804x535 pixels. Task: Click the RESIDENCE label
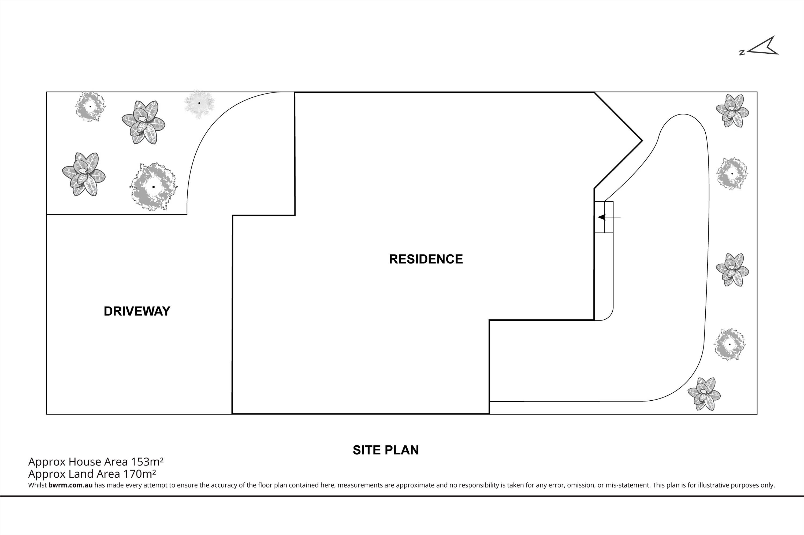point(426,259)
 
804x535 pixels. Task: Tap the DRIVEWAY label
point(137,311)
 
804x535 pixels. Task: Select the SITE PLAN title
point(386,450)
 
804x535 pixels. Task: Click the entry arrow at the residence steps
point(609,217)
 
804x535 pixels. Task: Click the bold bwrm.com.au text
point(70,485)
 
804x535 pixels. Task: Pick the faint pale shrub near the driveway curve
point(199,104)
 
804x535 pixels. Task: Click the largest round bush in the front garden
point(154,187)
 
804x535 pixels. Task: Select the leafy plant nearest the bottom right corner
point(704,394)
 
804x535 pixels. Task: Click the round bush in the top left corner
point(90,106)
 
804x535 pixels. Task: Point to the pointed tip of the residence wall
point(642,140)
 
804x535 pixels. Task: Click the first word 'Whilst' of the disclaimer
point(38,485)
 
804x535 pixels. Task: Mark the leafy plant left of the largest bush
point(84,174)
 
